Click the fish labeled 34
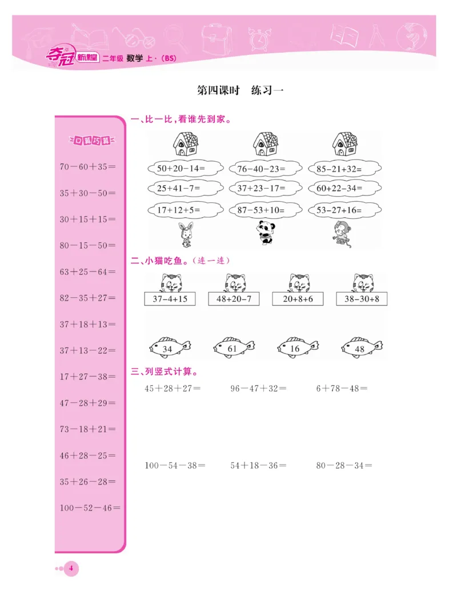pyautogui.click(x=169, y=347)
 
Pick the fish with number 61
pyautogui.click(x=233, y=347)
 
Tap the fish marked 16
pyautogui.click(x=296, y=347)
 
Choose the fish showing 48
pyautogui.click(x=361, y=347)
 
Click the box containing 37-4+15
pyautogui.click(x=170, y=298)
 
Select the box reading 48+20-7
pyautogui.click(x=234, y=298)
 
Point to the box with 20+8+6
pyautogui.click(x=298, y=298)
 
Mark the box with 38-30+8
pyautogui.click(x=362, y=298)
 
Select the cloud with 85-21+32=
pyautogui.click(x=344, y=169)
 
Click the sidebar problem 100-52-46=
pyautogui.click(x=90, y=508)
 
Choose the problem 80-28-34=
pyautogui.click(x=344, y=465)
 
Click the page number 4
pyautogui.click(x=71, y=568)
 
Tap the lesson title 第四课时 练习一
pyautogui.click(x=240, y=90)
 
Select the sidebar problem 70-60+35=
pyautogui.click(x=87, y=167)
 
